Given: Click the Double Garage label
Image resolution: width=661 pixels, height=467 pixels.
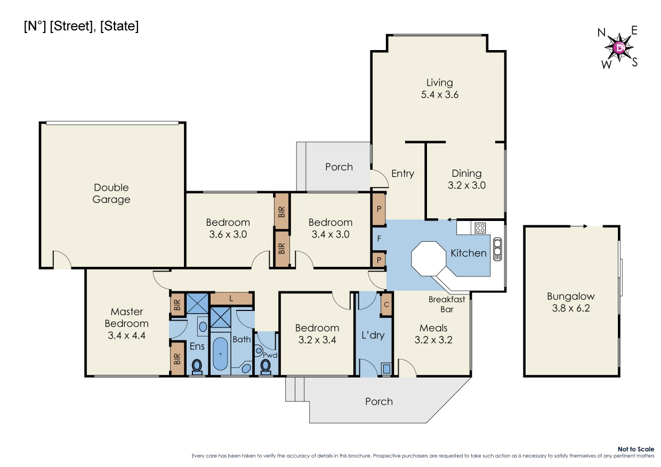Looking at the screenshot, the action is pyautogui.click(x=111, y=193).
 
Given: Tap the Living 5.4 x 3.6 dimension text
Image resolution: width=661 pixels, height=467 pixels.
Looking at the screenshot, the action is pyautogui.click(x=440, y=95).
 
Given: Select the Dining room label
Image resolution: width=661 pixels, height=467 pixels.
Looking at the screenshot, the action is pyautogui.click(x=466, y=174).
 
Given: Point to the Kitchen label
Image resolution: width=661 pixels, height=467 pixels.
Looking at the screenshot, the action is pyautogui.click(x=469, y=253).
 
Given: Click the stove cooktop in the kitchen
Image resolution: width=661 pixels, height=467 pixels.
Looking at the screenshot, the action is pyautogui.click(x=480, y=228).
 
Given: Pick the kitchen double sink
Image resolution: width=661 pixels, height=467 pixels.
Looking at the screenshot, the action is pyautogui.click(x=497, y=249).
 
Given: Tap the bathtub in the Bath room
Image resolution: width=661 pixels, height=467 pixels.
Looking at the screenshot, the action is pyautogui.click(x=221, y=354).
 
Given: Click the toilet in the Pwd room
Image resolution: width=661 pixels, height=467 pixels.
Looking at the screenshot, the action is pyautogui.click(x=265, y=366).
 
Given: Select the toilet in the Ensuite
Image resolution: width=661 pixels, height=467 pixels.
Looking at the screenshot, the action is pyautogui.click(x=197, y=366).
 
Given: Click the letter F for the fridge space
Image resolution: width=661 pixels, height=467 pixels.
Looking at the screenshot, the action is pyautogui.click(x=379, y=238).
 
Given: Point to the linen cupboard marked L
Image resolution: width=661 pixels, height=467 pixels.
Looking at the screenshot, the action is pyautogui.click(x=231, y=299).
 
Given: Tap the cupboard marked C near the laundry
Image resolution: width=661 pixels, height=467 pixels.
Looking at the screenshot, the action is pyautogui.click(x=386, y=304).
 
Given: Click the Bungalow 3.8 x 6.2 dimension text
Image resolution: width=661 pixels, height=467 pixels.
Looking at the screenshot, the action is pyautogui.click(x=571, y=308).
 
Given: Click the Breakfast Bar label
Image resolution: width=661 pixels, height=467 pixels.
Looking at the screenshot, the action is pyautogui.click(x=447, y=304).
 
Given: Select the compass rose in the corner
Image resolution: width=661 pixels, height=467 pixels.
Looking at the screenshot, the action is pyautogui.click(x=619, y=48).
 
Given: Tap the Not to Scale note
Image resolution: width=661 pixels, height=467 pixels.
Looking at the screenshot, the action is pyautogui.click(x=636, y=449).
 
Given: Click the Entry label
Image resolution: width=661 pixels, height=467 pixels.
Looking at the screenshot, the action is pyautogui.click(x=402, y=174).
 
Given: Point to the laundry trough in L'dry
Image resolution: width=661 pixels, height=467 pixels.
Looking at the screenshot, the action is pyautogui.click(x=386, y=368).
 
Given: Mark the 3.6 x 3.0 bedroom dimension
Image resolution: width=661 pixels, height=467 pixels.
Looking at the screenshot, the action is pyautogui.click(x=228, y=234).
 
